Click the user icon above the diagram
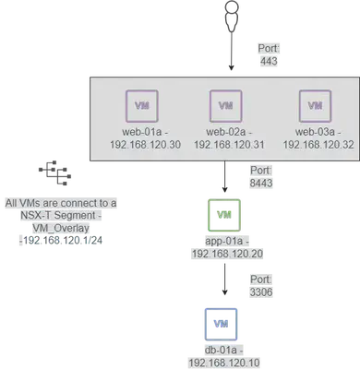point(232,16)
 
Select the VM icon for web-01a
point(142,106)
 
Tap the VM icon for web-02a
point(226,106)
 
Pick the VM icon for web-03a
point(316,106)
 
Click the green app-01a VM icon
point(224,215)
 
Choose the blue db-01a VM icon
point(222,324)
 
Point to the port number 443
point(269,61)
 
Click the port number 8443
point(261,183)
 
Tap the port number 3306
point(261,292)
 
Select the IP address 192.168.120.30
point(145,145)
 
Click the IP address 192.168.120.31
point(229,145)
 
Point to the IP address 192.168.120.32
point(318,145)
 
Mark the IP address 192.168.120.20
point(227,254)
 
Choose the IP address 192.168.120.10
point(224,363)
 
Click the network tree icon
point(55,173)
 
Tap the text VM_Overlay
point(61,228)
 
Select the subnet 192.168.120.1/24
point(63,241)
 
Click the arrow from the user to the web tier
point(232,51)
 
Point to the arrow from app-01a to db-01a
point(224,280)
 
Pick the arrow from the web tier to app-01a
point(224,177)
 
